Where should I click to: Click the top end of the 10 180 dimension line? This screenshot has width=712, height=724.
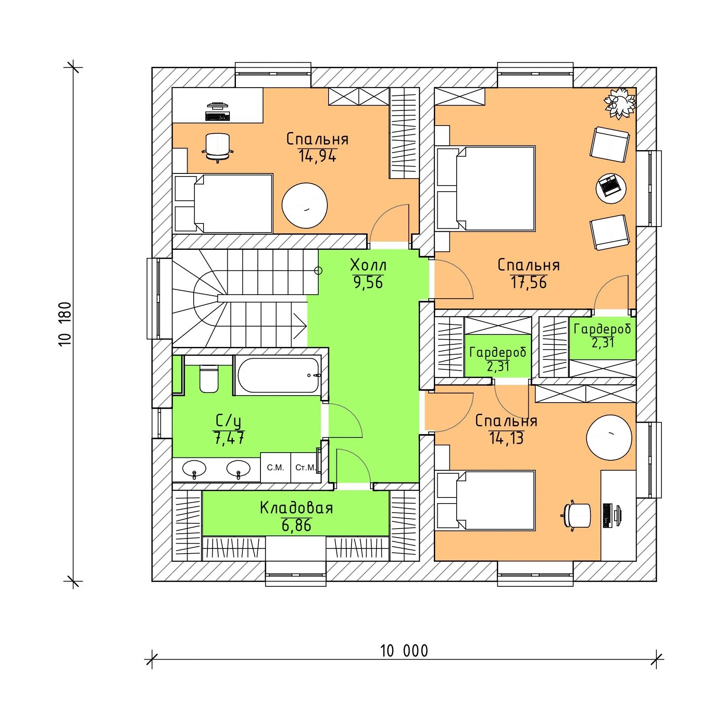pos(72,67)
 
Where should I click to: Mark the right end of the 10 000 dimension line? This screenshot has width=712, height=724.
pos(656,659)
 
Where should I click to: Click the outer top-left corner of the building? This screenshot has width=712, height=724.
pos(152,67)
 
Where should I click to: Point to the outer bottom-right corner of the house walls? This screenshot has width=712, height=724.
pos(656,581)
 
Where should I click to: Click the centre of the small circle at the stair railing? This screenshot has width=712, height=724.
pos(318,271)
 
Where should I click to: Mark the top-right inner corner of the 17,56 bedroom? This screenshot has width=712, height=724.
pos(636,88)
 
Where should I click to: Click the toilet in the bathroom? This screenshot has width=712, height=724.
pos(209,378)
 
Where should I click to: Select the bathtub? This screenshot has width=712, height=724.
pos(279,375)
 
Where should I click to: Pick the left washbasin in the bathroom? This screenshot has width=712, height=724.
pos(194,469)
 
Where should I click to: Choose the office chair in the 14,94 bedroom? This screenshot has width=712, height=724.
pos(217,147)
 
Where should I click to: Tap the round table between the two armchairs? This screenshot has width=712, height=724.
pos(611,188)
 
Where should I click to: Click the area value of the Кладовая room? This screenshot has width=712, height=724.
pos(296,526)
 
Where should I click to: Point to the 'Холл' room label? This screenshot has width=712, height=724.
pos(368,264)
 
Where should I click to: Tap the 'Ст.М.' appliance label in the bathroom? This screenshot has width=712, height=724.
pos(306,467)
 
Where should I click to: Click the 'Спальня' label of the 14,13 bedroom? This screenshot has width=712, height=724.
pos(506,421)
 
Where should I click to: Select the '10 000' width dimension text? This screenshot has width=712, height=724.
pos(404,651)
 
